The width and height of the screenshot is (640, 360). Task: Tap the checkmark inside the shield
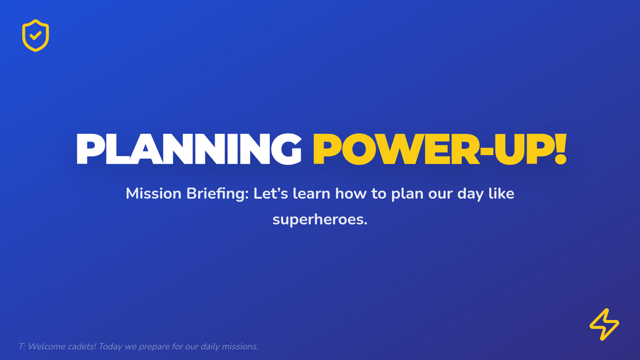click(x=35, y=35)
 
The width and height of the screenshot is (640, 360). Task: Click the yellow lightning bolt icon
click(x=604, y=324)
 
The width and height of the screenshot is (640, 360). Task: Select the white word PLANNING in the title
click(x=189, y=149)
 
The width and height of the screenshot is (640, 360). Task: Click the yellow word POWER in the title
click(x=396, y=149)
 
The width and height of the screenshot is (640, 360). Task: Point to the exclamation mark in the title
click(x=561, y=149)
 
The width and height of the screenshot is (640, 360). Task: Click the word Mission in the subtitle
click(x=154, y=194)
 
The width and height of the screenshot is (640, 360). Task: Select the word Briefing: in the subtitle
click(x=218, y=194)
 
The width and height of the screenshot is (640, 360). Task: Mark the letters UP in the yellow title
click(x=524, y=149)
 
